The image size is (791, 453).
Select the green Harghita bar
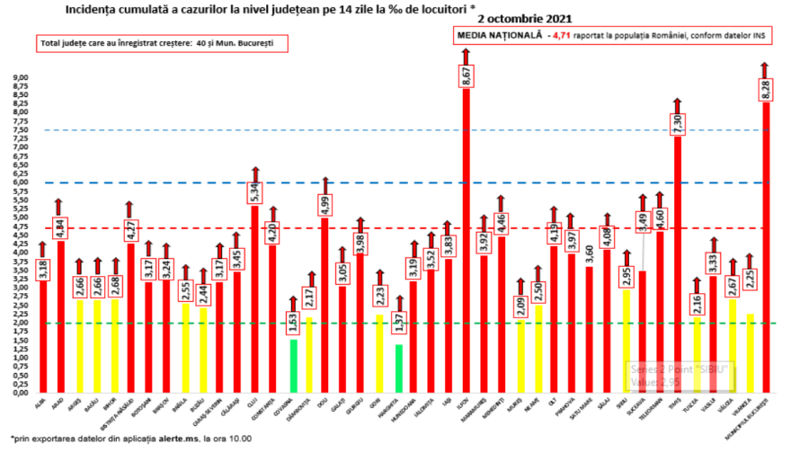click(x=398, y=369)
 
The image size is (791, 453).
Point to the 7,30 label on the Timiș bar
click(x=679, y=124)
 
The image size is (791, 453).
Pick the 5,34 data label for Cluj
click(x=254, y=191)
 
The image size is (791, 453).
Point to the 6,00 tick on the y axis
click(x=19, y=182)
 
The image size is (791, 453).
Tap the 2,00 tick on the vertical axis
click(x=19, y=323)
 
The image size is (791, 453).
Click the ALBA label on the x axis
click(x=40, y=402)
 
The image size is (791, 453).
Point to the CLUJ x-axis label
click(x=254, y=402)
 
